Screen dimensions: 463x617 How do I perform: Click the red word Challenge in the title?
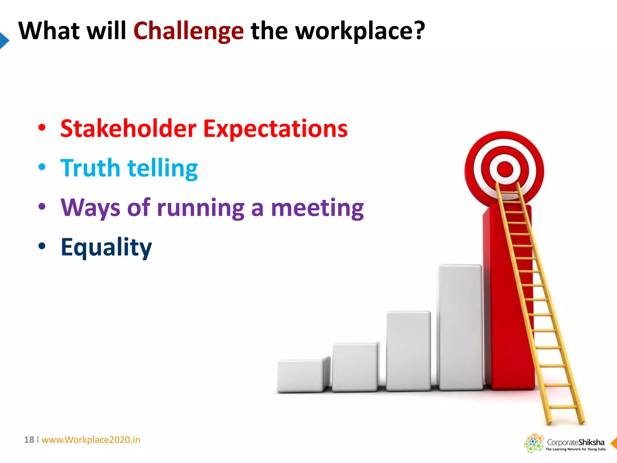click(188, 31)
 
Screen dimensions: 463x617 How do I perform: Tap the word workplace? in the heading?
click(360, 31)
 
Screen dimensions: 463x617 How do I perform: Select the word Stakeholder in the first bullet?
click(128, 129)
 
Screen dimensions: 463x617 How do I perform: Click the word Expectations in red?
click(275, 129)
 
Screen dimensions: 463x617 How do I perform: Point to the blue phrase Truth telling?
click(129, 168)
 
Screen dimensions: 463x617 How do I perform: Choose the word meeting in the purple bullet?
click(317, 208)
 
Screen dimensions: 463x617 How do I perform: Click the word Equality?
click(106, 247)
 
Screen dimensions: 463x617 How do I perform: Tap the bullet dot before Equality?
click(42, 246)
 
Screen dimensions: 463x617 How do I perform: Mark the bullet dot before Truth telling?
click(42, 167)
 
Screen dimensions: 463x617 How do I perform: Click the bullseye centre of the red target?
click(505, 169)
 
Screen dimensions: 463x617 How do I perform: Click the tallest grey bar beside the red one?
click(460, 327)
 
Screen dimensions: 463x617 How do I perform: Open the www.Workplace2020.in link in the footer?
click(91, 440)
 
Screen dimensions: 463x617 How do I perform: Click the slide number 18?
click(29, 440)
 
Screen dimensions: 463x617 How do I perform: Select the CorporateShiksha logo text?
click(575, 442)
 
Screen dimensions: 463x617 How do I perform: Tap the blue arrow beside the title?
click(4, 40)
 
